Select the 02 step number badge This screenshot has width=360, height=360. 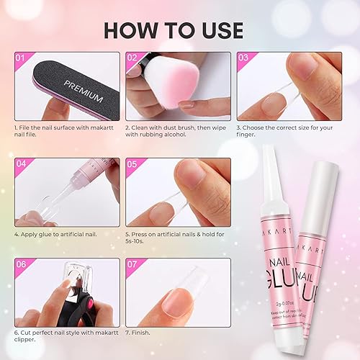(x=132, y=58)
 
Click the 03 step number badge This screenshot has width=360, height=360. (x=243, y=58)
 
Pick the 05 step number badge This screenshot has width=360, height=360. (x=132, y=164)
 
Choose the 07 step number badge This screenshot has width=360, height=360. (x=132, y=264)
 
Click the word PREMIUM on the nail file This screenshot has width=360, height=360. (x=83, y=85)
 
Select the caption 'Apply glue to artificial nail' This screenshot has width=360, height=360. (x=54, y=235)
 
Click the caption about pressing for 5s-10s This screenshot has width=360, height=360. (x=173, y=238)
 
